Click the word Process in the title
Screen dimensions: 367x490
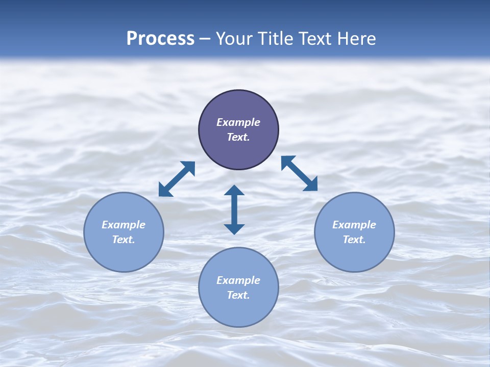pyautogui.click(x=160, y=39)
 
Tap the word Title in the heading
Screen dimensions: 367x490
pyautogui.click(x=278, y=39)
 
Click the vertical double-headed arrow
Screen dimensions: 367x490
pyautogui.click(x=234, y=209)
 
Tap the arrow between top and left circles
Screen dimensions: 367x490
pyautogui.click(x=177, y=179)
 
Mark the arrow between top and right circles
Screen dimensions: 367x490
pyautogui.click(x=299, y=173)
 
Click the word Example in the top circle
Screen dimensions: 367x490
pyautogui.click(x=238, y=122)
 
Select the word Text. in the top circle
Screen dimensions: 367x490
pyautogui.click(x=238, y=137)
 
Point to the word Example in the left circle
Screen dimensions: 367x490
pyautogui.click(x=124, y=225)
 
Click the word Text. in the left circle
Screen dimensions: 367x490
pyautogui.click(x=124, y=240)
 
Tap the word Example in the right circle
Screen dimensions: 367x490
pyautogui.click(x=354, y=225)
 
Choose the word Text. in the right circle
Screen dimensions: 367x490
pyautogui.click(x=354, y=240)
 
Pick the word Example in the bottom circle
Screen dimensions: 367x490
pyautogui.click(x=238, y=280)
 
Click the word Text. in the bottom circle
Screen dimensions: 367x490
pyautogui.click(x=238, y=295)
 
